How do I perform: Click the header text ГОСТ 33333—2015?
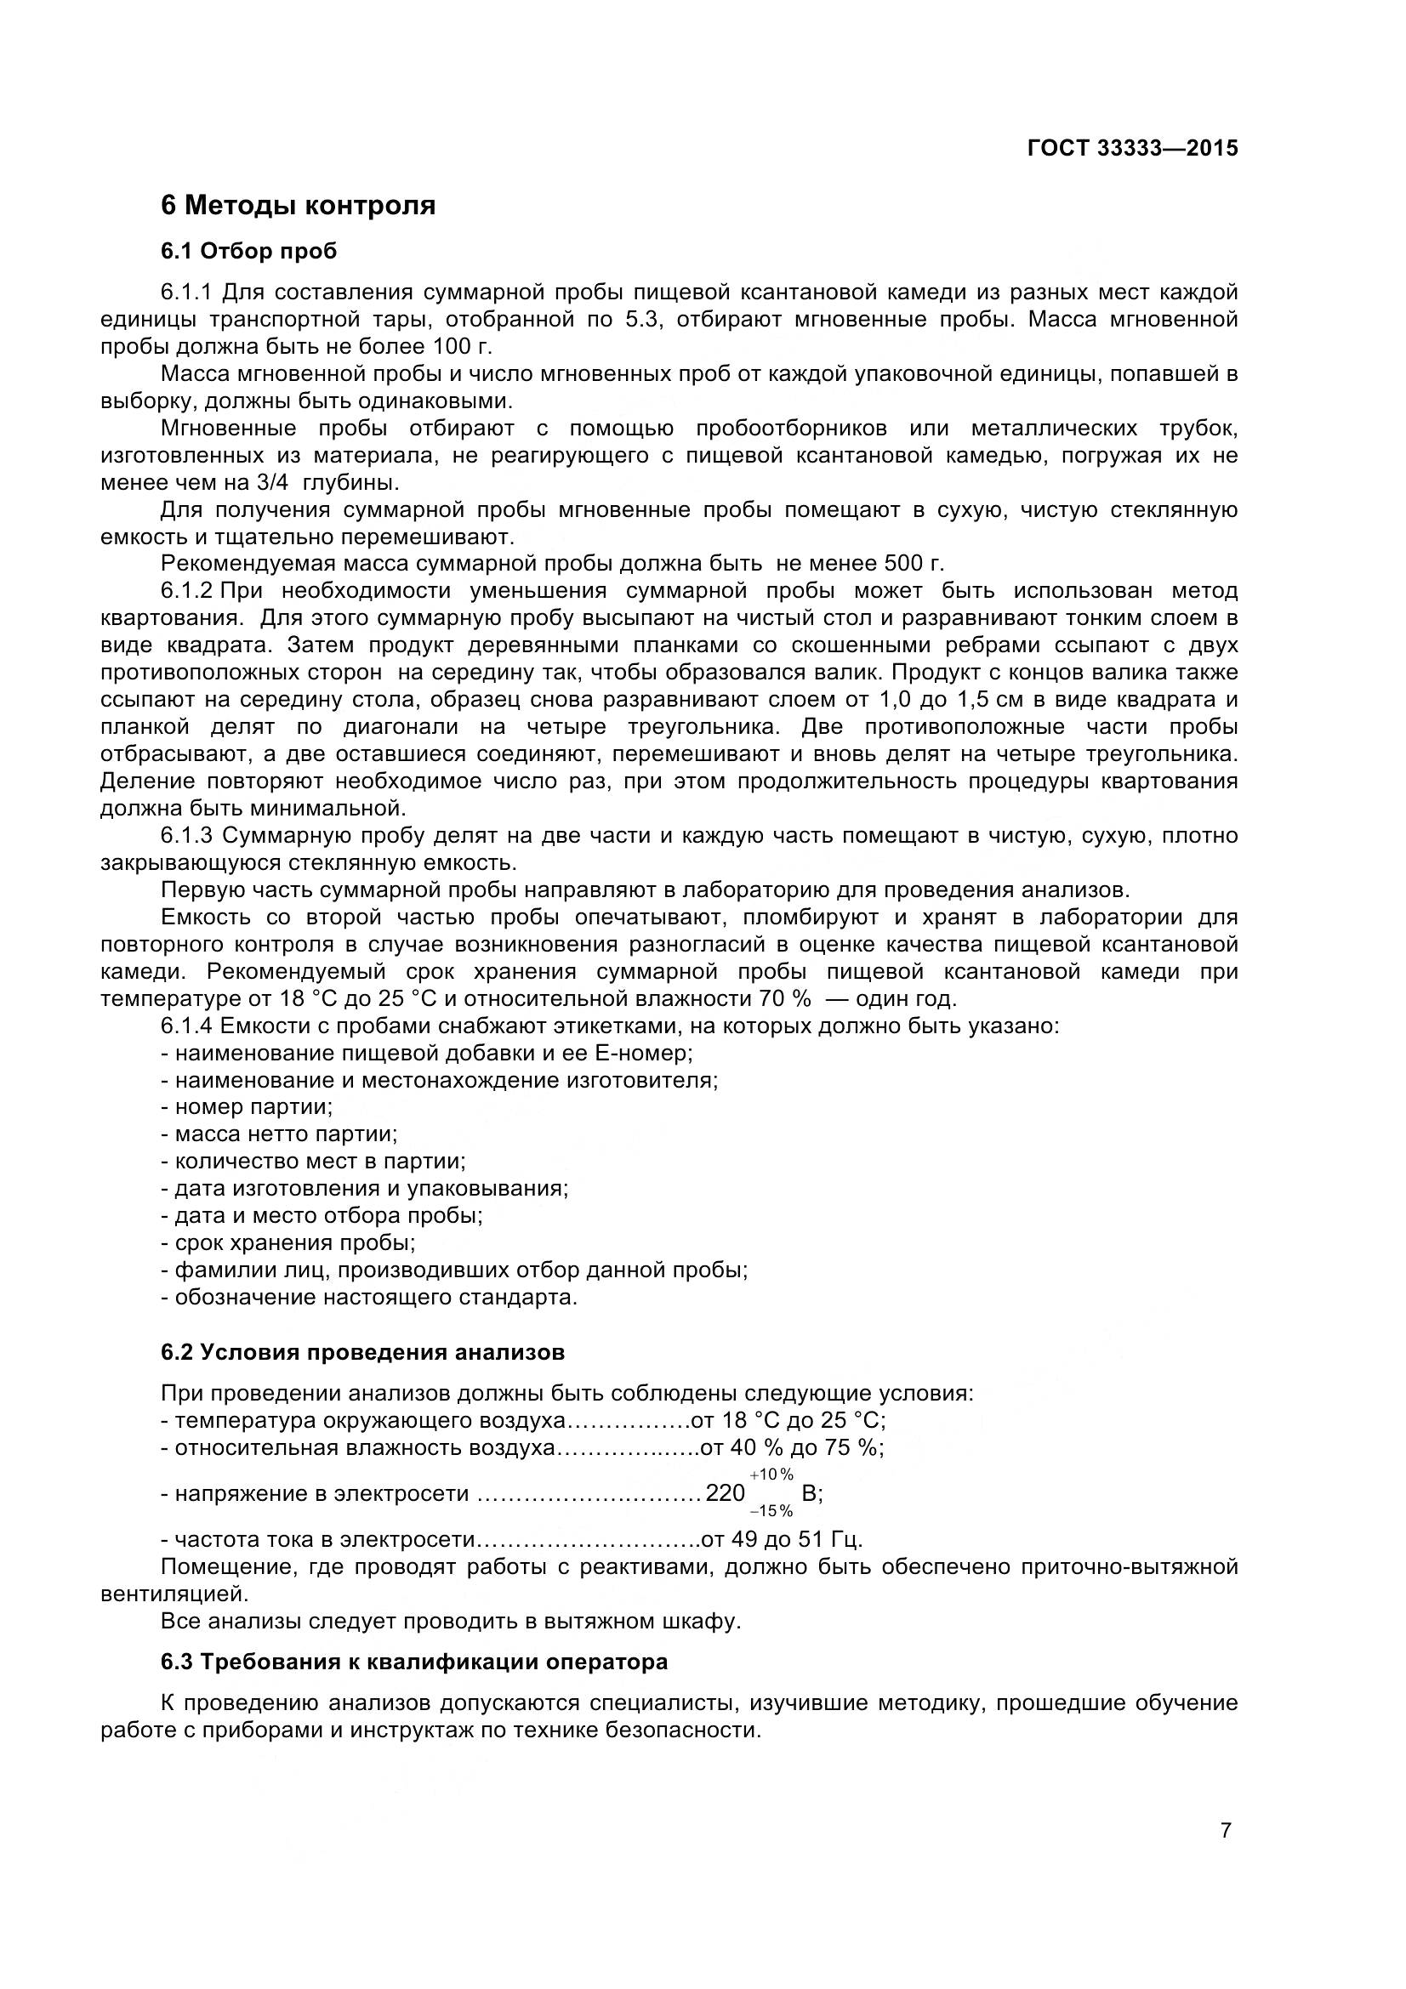point(1132,148)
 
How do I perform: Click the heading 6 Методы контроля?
point(298,206)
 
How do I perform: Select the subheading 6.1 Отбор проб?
point(248,251)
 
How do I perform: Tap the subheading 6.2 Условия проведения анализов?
point(362,1352)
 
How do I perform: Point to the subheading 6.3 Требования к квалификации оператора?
point(414,1662)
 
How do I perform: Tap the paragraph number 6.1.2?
point(186,591)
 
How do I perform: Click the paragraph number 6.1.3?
point(186,836)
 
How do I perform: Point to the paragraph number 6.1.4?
point(186,1026)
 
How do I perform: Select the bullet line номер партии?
point(253,1107)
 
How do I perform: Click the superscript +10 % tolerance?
point(771,1475)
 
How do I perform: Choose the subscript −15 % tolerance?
point(771,1512)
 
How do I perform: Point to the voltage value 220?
point(725,1493)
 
